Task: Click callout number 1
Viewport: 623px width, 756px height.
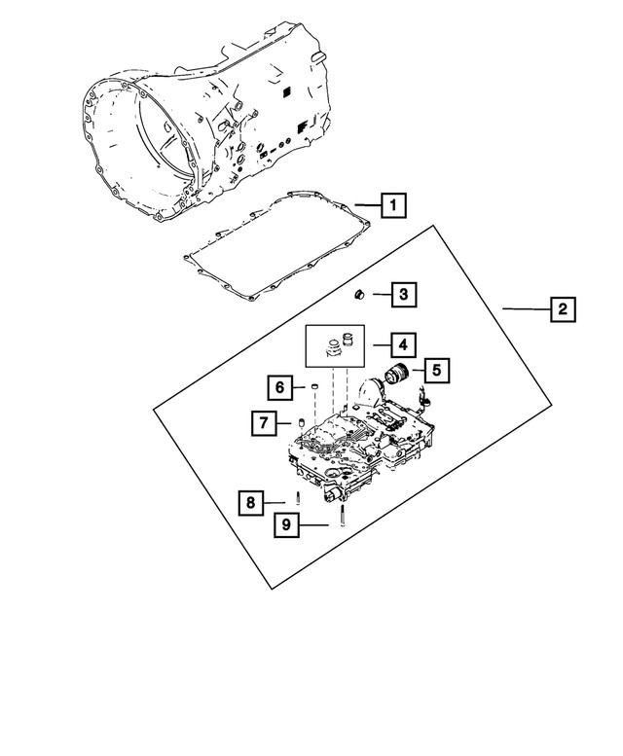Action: pyautogui.click(x=392, y=205)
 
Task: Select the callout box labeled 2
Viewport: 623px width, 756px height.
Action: pyautogui.click(x=562, y=310)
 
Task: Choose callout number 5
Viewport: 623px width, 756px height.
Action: pyautogui.click(x=436, y=369)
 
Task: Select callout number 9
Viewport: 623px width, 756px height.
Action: pyautogui.click(x=286, y=525)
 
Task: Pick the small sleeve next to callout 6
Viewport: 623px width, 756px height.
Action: pyautogui.click(x=315, y=390)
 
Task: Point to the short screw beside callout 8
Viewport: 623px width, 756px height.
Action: pyautogui.click(x=299, y=498)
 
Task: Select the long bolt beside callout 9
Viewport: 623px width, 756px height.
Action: pyautogui.click(x=345, y=515)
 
